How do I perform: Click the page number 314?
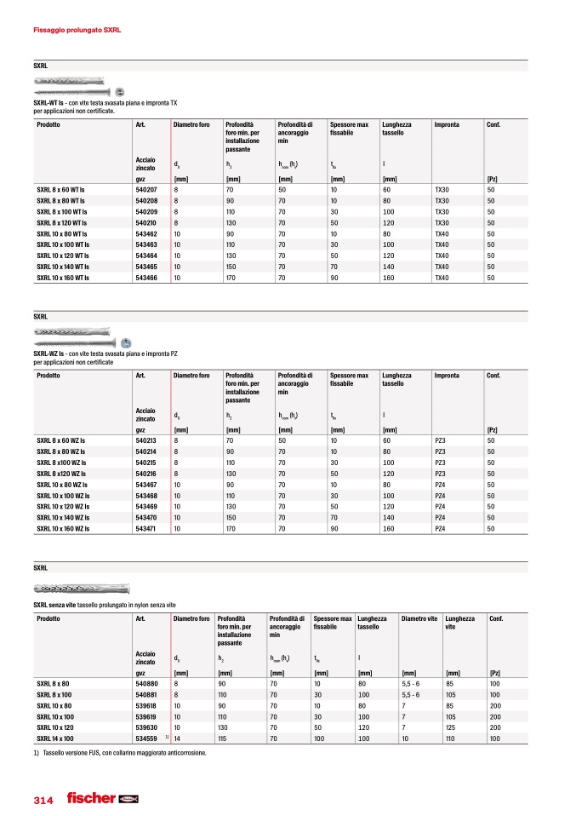43,801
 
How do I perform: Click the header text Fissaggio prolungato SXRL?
77,30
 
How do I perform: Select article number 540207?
146,189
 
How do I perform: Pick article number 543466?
146,278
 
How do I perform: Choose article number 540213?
146,440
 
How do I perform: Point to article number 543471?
146,529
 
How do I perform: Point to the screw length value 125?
451,728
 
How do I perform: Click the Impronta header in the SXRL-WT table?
447,125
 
